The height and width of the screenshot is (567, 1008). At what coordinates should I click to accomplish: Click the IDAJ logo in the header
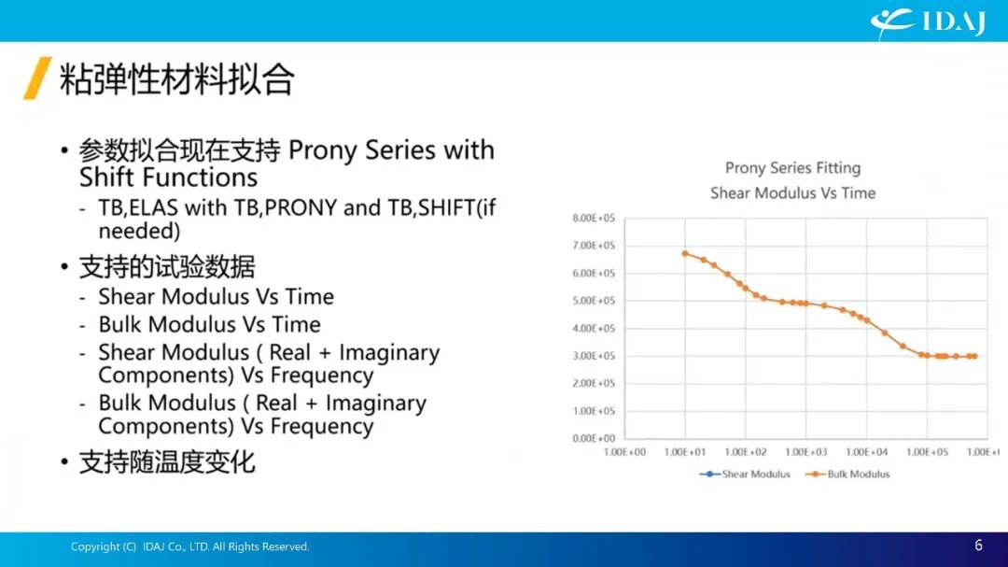[x=928, y=21]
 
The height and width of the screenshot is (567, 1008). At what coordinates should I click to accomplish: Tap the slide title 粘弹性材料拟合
[x=176, y=79]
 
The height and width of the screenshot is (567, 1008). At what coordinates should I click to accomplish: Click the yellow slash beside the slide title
[x=37, y=78]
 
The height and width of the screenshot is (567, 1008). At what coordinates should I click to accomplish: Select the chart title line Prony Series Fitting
[x=792, y=168]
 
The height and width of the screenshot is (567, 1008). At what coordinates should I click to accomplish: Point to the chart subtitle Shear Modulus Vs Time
[x=792, y=193]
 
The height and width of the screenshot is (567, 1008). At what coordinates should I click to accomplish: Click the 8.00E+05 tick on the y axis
[x=594, y=219]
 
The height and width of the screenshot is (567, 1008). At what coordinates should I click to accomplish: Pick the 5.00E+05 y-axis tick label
[x=594, y=301]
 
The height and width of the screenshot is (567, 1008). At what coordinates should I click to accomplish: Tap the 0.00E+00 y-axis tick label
[x=594, y=438]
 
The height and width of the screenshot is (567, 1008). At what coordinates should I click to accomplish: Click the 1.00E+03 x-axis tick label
[x=806, y=452]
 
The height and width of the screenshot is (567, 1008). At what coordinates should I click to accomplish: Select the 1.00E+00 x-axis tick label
[x=624, y=452]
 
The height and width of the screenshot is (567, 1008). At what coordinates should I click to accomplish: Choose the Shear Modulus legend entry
[x=745, y=475]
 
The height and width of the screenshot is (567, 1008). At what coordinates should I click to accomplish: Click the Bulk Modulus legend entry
[x=847, y=475]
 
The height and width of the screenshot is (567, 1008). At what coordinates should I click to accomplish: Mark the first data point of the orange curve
[x=685, y=253]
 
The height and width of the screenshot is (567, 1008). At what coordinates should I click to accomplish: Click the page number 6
[x=978, y=546]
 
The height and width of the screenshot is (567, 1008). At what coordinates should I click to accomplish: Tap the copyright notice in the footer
[x=189, y=546]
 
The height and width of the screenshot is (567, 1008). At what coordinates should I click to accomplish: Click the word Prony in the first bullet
[x=323, y=150]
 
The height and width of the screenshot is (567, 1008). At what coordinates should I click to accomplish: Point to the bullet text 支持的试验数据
[x=167, y=266]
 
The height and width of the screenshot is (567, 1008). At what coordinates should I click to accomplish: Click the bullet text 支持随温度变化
[x=167, y=462]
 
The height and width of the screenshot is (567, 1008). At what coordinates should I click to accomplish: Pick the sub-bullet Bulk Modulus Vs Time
[x=209, y=324]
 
